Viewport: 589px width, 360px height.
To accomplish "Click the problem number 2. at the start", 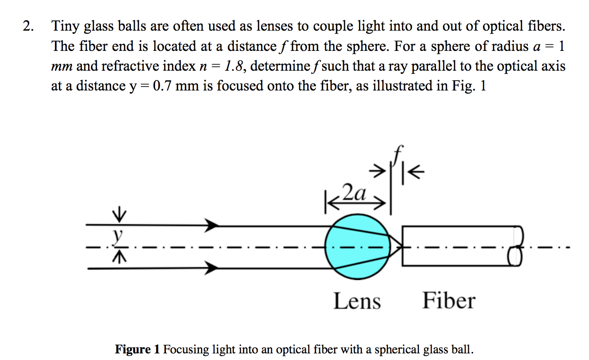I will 28,26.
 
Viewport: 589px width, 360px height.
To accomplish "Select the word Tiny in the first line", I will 65,26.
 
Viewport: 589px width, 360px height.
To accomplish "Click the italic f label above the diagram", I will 398,154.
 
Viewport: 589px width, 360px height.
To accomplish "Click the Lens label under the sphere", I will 357,301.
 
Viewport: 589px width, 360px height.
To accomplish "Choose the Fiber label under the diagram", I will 448,301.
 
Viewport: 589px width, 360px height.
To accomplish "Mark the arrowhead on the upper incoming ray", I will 212,225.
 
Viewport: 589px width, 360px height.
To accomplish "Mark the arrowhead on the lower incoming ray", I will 212,269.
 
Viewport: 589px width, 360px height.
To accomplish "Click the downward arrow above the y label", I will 120,216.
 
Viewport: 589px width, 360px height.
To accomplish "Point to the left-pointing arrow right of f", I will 417,171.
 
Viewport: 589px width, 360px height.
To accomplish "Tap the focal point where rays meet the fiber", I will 401,246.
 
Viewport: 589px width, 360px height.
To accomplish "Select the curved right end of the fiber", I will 518,245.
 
